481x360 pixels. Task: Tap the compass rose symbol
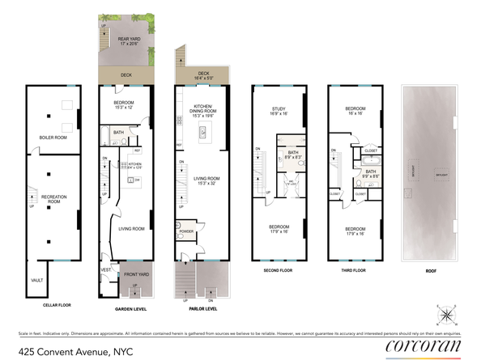pyautogui.click(x=449, y=315)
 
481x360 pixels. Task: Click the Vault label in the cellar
pyautogui.click(x=36, y=280)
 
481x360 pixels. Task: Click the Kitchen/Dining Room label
pyautogui.click(x=202, y=111)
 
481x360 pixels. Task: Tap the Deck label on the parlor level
pyautogui.click(x=202, y=74)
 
